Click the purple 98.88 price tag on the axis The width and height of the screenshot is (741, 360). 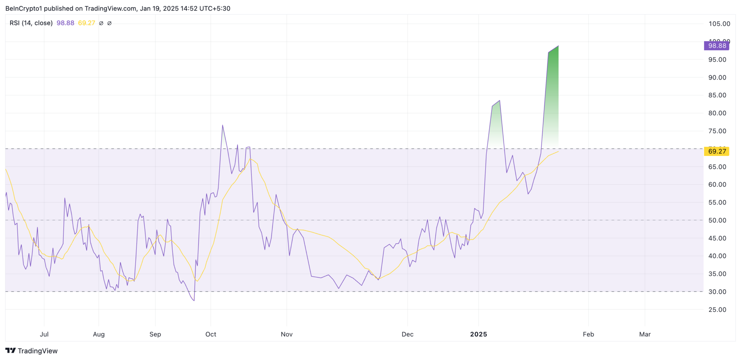(716, 46)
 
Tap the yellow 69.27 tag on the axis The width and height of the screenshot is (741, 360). (716, 151)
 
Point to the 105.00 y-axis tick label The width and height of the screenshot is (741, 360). (719, 24)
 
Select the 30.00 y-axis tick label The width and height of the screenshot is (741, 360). (717, 292)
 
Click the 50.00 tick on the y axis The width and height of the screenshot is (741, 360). (717, 220)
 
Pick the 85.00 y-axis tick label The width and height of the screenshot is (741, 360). (717, 95)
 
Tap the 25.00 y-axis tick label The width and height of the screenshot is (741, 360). (717, 310)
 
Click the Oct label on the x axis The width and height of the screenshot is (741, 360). (211, 334)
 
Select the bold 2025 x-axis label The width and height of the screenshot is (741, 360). (478, 334)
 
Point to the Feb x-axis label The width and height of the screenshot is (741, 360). (588, 334)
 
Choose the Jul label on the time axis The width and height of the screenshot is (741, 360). (44, 334)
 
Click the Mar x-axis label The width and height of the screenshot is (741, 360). (645, 334)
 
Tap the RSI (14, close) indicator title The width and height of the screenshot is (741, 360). (31, 23)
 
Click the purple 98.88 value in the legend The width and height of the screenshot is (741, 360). (65, 23)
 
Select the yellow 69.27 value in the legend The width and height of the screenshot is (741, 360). (86, 23)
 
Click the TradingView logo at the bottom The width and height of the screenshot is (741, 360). (31, 351)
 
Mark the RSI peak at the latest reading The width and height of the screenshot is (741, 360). (558, 46)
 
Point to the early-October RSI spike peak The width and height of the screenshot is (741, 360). (223, 125)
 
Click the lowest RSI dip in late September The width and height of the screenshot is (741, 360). (194, 300)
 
